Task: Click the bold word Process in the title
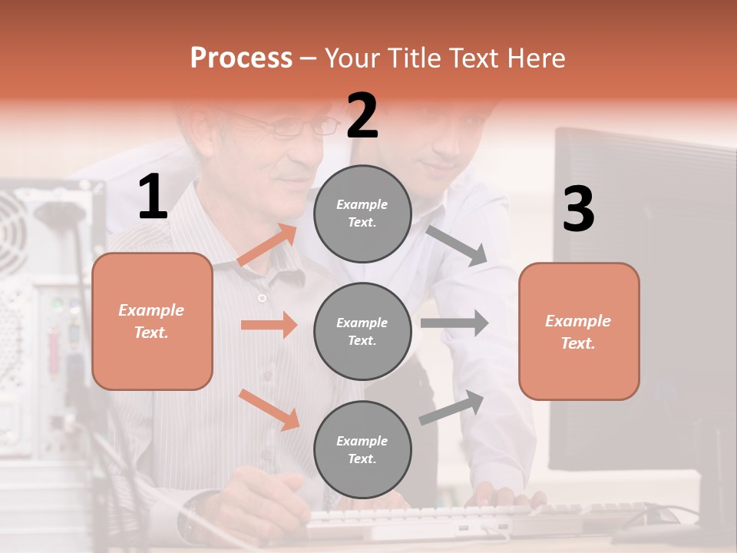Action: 241,58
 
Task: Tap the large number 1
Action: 153,197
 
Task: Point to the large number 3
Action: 579,209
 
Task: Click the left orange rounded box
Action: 152,321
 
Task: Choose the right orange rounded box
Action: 579,331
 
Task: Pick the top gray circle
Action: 362,213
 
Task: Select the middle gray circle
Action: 362,331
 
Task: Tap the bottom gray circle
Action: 362,449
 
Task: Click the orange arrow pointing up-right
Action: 267,244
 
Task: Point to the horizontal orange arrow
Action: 269,325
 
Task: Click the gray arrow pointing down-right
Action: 457,245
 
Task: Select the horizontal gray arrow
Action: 454,323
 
